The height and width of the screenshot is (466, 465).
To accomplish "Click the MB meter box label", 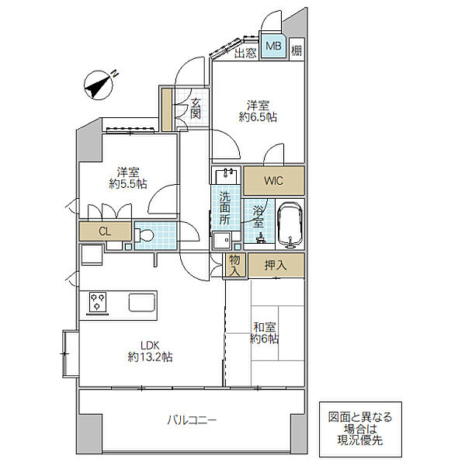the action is [x=273, y=46].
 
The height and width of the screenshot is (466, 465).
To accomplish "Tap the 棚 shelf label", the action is [x=297, y=50].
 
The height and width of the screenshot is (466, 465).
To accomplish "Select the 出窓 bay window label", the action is [x=245, y=54].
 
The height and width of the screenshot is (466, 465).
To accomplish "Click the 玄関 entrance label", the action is [x=195, y=109].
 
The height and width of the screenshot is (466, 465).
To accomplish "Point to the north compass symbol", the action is [x=99, y=85].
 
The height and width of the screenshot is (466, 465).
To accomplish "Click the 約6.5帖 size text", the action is [x=258, y=117].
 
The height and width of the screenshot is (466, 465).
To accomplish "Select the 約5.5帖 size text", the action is [x=128, y=184].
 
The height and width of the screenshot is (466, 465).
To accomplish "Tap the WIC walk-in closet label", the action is [x=274, y=181].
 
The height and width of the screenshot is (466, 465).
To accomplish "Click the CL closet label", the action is [x=105, y=231].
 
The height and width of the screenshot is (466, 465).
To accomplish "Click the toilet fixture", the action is [x=144, y=235].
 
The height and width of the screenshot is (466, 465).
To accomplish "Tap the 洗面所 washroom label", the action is [x=225, y=208].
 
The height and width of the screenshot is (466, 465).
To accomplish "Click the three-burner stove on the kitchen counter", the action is [x=98, y=303].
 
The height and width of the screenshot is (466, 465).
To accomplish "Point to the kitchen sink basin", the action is [x=142, y=303].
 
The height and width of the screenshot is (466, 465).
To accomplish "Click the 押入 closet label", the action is [x=276, y=265].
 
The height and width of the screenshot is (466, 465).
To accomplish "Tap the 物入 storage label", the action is [x=234, y=266].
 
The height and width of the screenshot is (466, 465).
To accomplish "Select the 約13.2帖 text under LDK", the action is [x=151, y=356].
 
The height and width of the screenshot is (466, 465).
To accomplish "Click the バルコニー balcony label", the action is [x=192, y=420].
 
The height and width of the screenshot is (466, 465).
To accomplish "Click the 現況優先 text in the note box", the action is [x=360, y=440].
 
